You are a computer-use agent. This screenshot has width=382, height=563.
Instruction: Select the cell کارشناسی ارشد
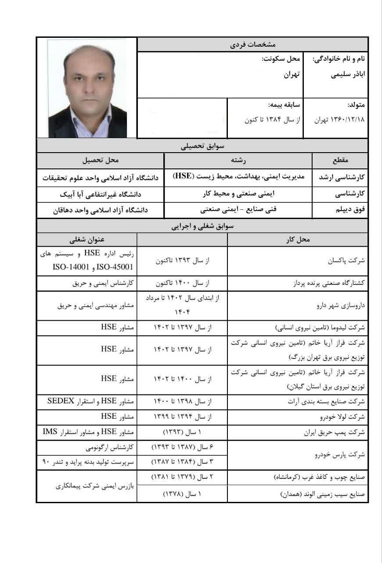coord(341,177)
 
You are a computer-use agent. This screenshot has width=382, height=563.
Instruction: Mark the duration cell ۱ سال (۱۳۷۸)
coord(182,494)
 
